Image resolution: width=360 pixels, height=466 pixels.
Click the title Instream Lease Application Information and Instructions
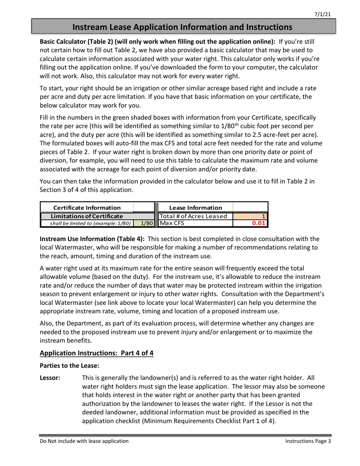pyautogui.click(x=182, y=27)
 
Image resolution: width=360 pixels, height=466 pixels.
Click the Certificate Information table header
pyautogui.click(x=87, y=208)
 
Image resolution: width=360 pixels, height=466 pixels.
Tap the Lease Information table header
pyautogui.click(x=196, y=208)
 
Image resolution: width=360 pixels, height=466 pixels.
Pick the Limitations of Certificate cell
pyautogui.click(x=87, y=216)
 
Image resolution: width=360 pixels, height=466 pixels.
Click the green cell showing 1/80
pyautogui.click(x=146, y=223)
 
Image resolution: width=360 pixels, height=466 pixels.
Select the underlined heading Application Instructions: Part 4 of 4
pyautogui.click(x=97, y=353)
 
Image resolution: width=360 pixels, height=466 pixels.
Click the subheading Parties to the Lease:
pyautogui.click(x=64, y=366)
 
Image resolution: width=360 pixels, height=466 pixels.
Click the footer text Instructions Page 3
pyautogui.click(x=308, y=441)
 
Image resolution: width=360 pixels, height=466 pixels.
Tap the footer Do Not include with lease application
pyautogui.click(x=84, y=441)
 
